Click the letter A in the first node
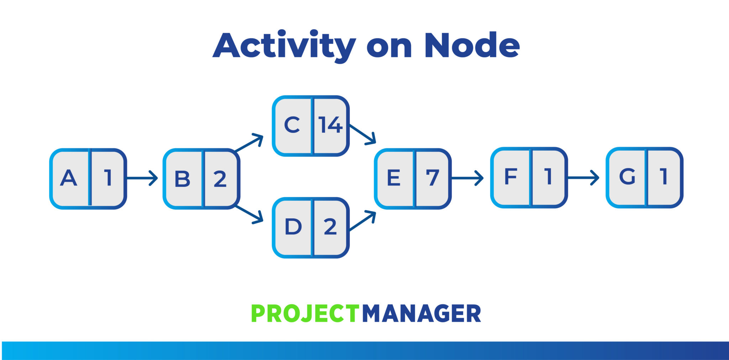pos(69,178)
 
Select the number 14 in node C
pos(330,125)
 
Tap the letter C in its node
pos(292,125)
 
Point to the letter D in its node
pos(293,226)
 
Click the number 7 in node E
pos(432,178)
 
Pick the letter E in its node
pos(393,178)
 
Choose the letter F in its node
pos(511,176)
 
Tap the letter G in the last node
pos(627,176)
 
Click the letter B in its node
pos(182,179)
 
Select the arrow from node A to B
pos(142,178)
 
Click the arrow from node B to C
pos(249,144)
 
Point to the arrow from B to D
pos(249,214)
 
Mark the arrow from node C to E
pos(363,134)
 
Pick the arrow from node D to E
pos(363,221)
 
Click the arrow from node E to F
pos(467,178)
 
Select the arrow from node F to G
pos(583,177)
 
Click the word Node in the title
pos(472,46)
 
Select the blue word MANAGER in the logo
pos(421,314)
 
